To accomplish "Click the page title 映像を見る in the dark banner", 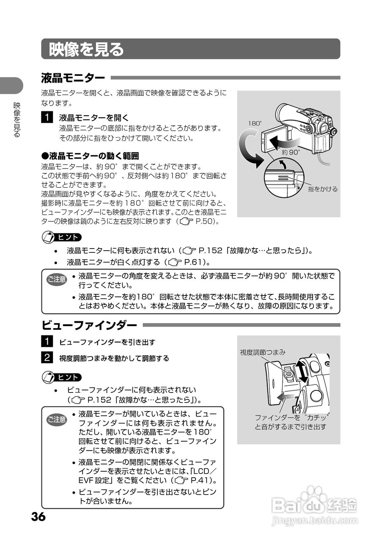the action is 86,49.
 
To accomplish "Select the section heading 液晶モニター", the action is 73,78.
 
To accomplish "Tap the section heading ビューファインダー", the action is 89,325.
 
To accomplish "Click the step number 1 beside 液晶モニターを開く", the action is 47,116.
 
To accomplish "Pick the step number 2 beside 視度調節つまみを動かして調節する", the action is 47,357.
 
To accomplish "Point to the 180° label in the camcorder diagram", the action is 255,123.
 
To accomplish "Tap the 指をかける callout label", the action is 323,189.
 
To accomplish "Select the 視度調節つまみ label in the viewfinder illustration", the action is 263,352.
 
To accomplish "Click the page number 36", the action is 38,517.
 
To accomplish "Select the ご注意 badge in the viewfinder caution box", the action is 56,420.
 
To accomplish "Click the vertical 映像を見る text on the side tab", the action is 17,120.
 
